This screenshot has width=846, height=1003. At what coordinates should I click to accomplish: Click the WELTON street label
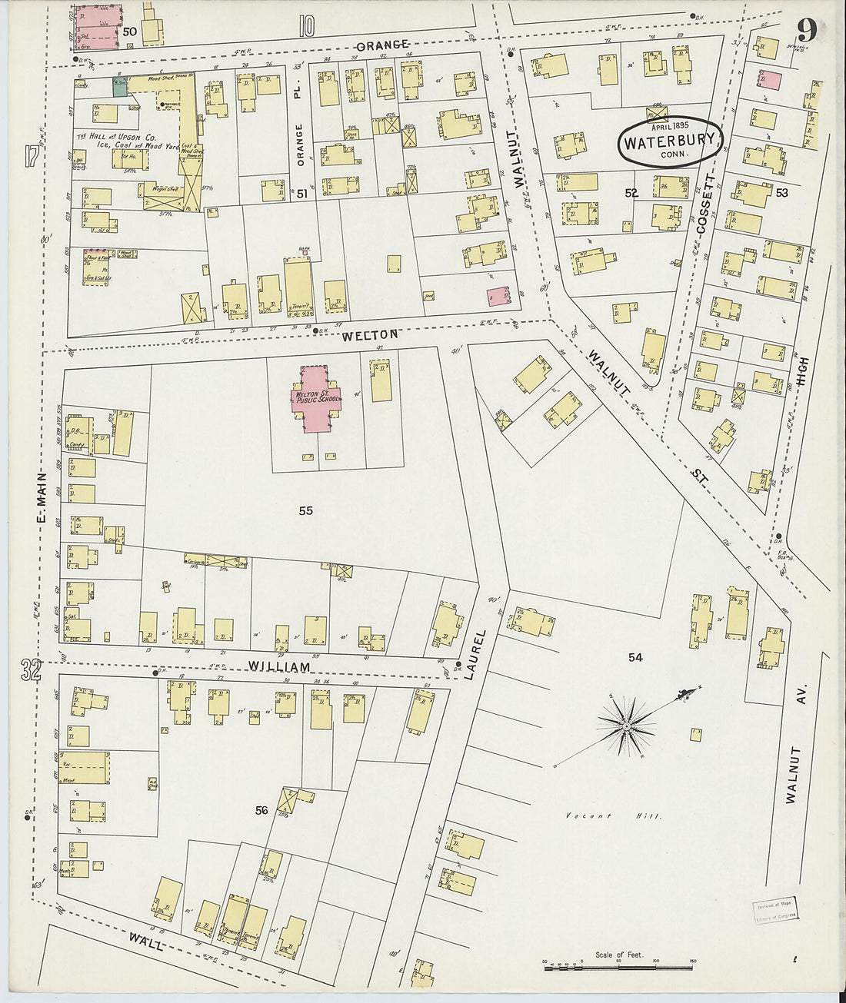pyautogui.click(x=371, y=335)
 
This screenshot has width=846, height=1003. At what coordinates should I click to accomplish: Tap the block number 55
pyautogui.click(x=305, y=510)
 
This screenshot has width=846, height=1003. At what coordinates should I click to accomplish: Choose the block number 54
pyautogui.click(x=634, y=657)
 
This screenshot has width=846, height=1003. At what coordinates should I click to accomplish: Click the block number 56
pyautogui.click(x=261, y=810)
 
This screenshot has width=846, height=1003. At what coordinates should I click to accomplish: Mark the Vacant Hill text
pyautogui.click(x=612, y=816)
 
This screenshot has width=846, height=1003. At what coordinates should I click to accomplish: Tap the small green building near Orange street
pyautogui.click(x=120, y=87)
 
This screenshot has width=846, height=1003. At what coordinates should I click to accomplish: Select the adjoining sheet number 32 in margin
pyautogui.click(x=30, y=671)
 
